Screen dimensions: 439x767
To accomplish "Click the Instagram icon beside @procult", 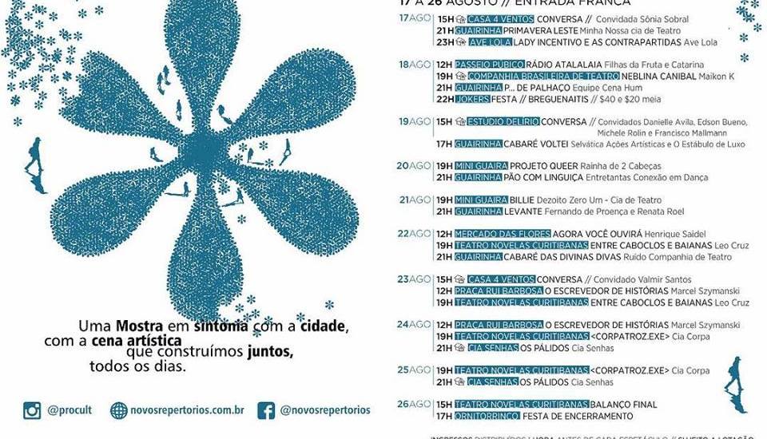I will [32, 411].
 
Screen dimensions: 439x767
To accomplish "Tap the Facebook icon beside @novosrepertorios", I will [266, 411].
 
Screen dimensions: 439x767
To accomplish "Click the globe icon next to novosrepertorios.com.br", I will [119, 411].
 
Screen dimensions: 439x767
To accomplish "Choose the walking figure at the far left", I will [36, 156].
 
